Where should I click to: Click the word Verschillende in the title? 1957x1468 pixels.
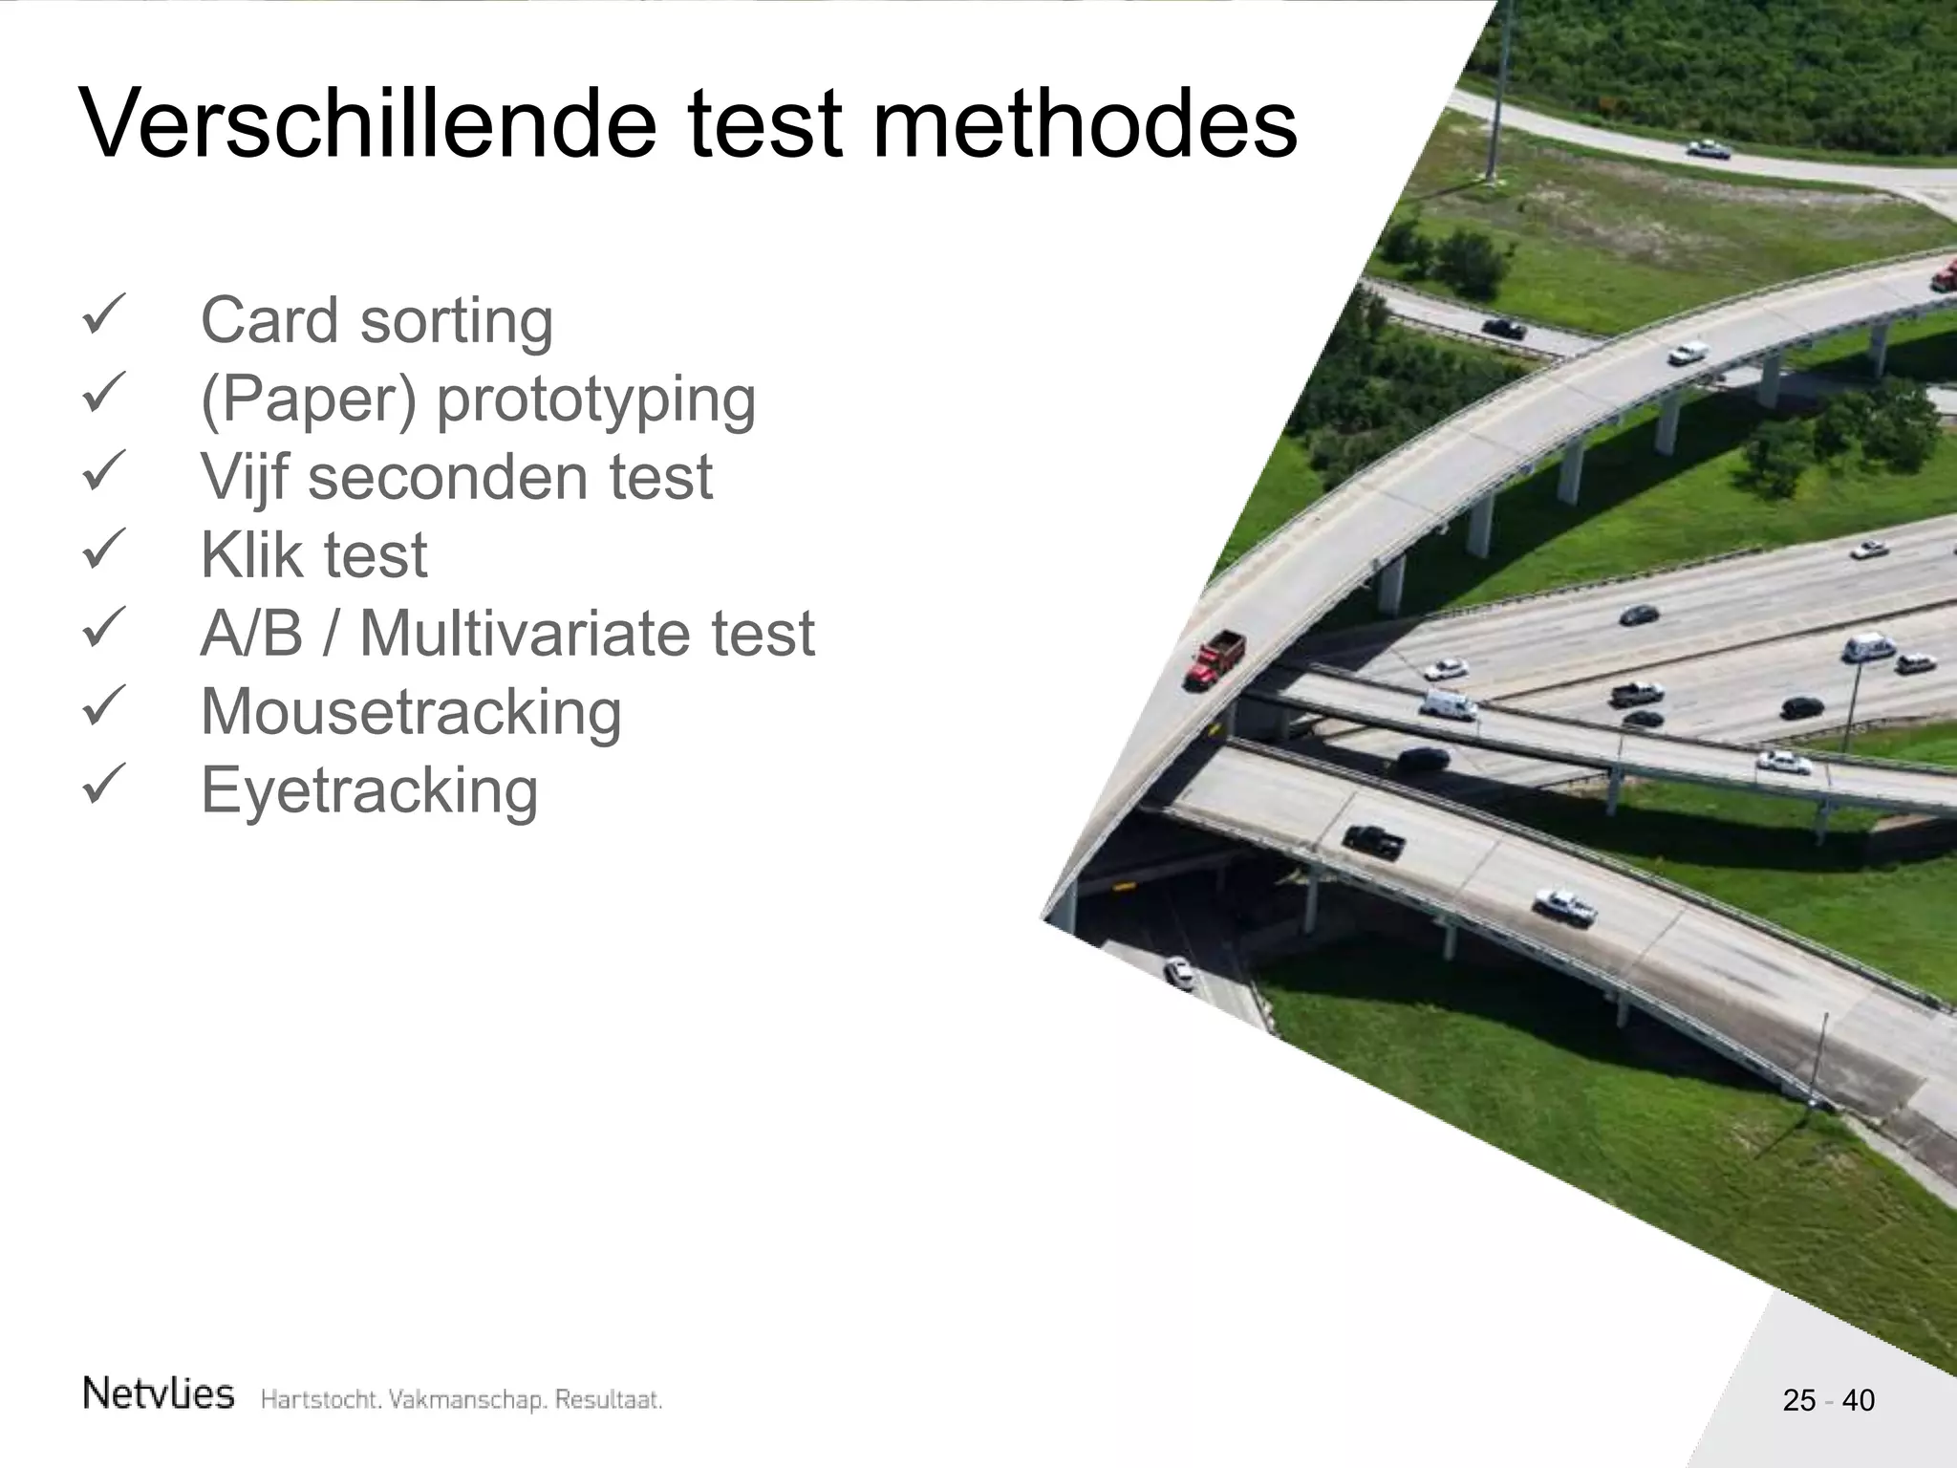click(x=369, y=124)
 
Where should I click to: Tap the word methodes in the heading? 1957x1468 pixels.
click(x=1085, y=124)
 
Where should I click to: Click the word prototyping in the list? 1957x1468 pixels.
click(x=595, y=399)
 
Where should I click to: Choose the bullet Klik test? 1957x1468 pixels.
click(x=313, y=555)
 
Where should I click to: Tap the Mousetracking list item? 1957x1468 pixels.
click(x=411, y=712)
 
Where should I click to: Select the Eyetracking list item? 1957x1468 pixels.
click(x=369, y=791)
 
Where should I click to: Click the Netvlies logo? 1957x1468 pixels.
click(x=159, y=1394)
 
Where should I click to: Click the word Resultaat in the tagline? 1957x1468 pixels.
click(x=609, y=1400)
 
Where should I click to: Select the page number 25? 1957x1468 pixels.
click(x=1798, y=1400)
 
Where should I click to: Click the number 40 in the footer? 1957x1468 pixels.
click(x=1859, y=1400)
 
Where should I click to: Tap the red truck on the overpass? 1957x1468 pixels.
click(x=1215, y=658)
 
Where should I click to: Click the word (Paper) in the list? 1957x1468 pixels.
click(x=309, y=399)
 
